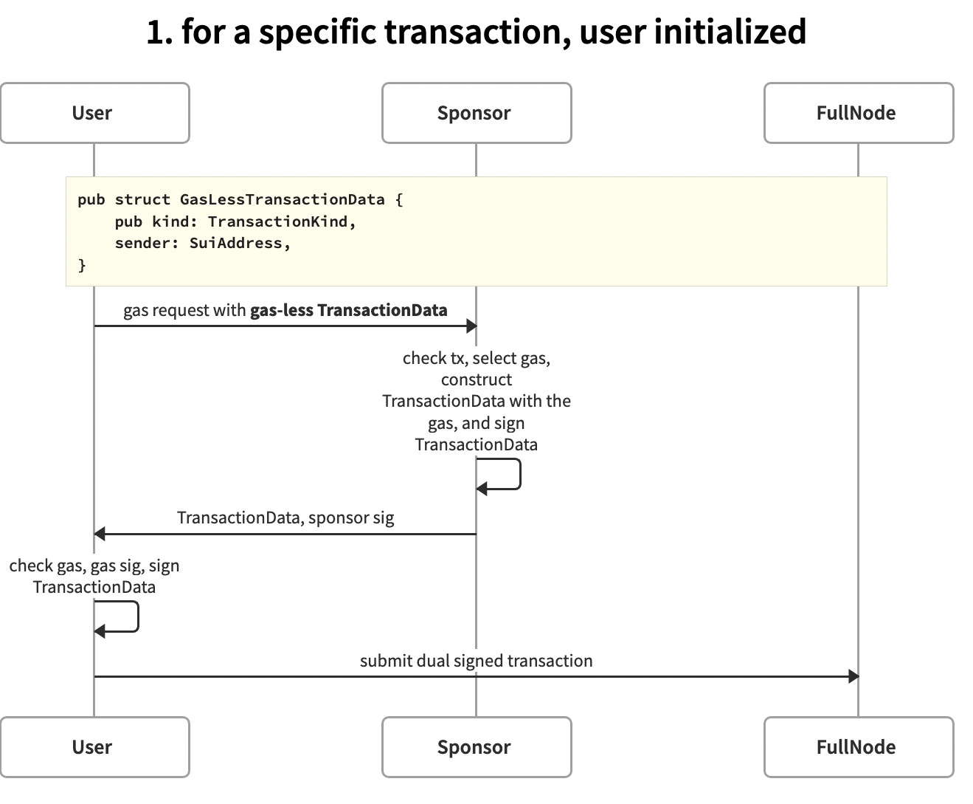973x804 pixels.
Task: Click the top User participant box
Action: (x=94, y=113)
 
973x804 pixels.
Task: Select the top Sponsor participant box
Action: (x=476, y=113)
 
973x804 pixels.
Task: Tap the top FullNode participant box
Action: (x=858, y=113)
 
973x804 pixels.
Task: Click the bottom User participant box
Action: (x=94, y=747)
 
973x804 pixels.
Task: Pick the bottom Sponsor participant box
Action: (x=476, y=747)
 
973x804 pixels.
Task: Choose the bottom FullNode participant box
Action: (x=858, y=747)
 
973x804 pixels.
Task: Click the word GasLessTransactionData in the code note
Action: (x=282, y=199)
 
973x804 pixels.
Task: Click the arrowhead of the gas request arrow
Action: (x=471, y=326)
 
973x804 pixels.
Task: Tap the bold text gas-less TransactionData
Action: (x=348, y=310)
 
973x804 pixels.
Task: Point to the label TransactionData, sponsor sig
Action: (x=285, y=518)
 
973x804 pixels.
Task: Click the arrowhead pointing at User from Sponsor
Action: (x=100, y=534)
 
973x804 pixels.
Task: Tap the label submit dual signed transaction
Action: (x=476, y=661)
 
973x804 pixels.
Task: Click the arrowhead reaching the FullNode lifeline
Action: (x=853, y=676)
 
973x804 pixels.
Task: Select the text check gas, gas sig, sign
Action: (x=94, y=566)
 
